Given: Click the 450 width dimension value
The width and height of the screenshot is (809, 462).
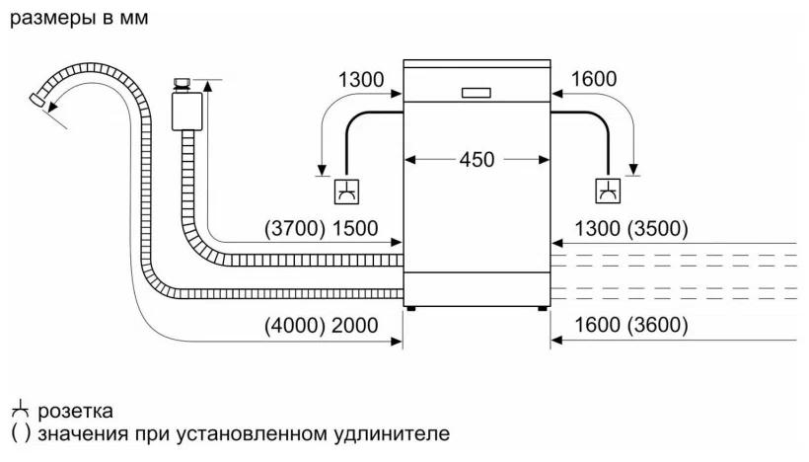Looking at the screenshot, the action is point(477,160).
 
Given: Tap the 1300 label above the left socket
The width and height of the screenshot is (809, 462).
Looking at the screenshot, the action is point(361,80).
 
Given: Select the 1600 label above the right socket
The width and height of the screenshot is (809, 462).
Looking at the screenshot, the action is point(593,79).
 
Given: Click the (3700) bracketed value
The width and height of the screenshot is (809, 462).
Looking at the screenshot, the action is point(295,229).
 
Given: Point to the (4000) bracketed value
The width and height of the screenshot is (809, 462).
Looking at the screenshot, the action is point(295,326).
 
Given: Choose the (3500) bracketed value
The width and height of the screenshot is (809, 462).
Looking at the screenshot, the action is point(657,229).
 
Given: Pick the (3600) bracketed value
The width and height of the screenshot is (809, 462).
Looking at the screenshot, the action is point(657,325).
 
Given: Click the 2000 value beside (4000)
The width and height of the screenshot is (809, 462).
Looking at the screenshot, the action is point(354,326).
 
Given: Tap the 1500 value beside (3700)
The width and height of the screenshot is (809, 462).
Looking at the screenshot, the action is point(354,229).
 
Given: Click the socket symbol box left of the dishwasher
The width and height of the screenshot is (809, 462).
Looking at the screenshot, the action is point(346,192).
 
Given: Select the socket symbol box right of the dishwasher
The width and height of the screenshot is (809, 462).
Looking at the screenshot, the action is point(608,191).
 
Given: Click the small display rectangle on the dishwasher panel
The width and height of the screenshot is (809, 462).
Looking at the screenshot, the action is point(476,93).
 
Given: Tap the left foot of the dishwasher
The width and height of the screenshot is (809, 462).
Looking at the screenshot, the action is point(411,309).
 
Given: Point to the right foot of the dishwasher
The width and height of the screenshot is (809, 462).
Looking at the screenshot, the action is point(542,309).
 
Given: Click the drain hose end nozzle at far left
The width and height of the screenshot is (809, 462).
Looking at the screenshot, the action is point(37,100).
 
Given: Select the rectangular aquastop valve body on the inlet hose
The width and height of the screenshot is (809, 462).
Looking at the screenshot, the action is point(186,111).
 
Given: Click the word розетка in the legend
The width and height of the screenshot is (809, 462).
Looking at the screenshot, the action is point(75,412).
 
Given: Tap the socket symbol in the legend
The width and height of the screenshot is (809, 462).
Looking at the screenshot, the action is point(20,409).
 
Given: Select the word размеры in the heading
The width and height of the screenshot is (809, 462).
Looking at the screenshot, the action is point(53,19).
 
